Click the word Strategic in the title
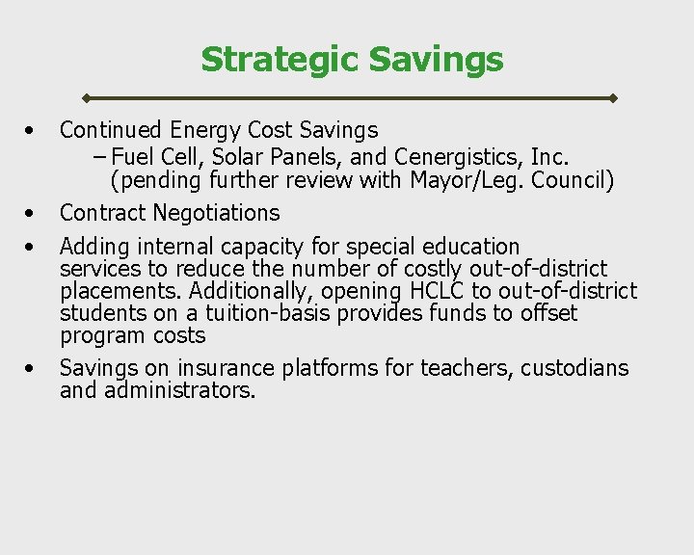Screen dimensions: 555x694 280,60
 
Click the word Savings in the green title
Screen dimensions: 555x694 435,60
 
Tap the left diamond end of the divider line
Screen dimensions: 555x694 86,98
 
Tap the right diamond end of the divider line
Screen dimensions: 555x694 613,98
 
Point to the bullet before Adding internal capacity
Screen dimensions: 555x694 33,248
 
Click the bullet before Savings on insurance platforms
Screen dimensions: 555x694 33,368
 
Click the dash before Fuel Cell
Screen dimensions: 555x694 101,155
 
